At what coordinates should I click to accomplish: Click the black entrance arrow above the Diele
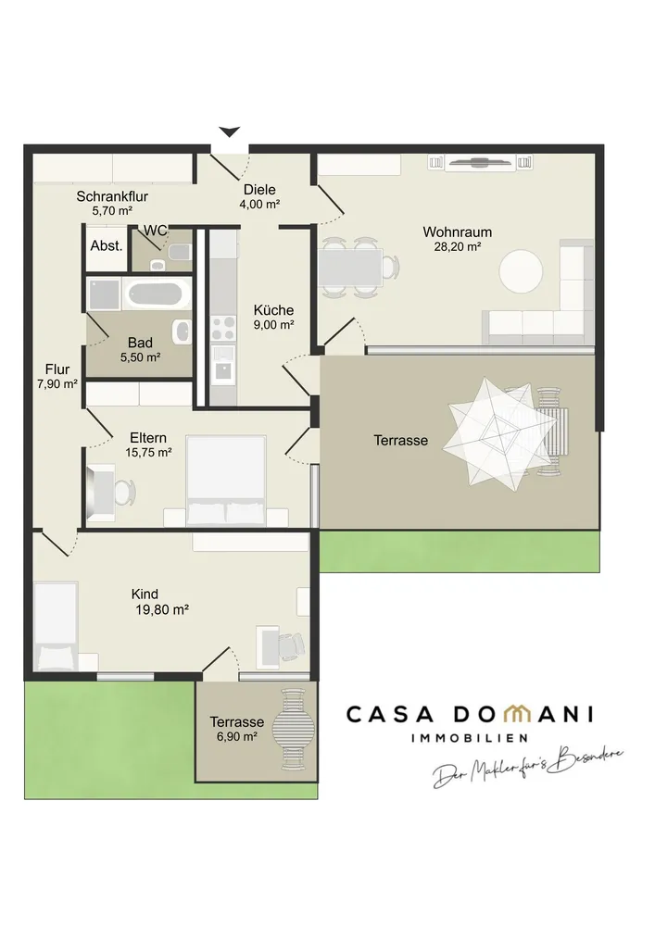coord(229,131)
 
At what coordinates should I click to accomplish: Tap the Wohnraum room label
coord(457,232)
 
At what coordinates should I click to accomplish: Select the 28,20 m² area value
coord(457,247)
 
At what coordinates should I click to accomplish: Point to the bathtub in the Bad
coord(157,294)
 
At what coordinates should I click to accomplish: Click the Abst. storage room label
coord(107,245)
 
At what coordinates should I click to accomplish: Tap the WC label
coord(156,231)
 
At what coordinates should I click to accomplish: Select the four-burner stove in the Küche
coord(223,329)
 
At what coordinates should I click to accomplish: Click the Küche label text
coord(273,310)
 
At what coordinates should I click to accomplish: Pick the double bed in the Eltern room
coord(226,481)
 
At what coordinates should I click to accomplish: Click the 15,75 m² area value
coord(148,453)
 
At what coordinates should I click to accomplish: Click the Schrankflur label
coord(112,196)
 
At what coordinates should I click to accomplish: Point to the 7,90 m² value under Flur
coord(57,384)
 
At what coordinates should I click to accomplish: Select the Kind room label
coord(145,594)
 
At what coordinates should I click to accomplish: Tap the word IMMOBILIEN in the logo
coord(470,738)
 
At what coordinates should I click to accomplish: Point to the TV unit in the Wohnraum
coord(480,162)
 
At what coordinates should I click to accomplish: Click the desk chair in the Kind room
coord(292,646)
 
